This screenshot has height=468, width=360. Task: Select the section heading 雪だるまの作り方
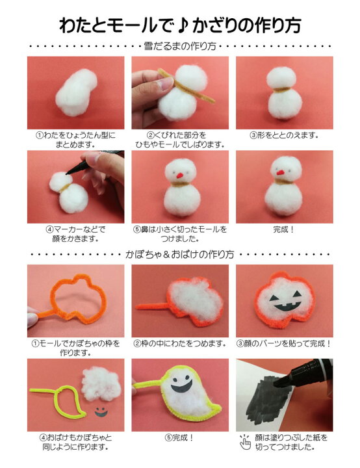[180, 47]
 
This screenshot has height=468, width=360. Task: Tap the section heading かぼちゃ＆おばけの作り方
[180, 255]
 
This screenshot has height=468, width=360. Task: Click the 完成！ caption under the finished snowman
[284, 229]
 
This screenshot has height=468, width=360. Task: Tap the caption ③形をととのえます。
[284, 135]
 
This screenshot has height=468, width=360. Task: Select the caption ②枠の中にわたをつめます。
[180, 343]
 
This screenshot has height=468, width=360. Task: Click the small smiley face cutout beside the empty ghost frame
[101, 411]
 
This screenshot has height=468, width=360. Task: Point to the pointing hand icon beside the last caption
[244, 443]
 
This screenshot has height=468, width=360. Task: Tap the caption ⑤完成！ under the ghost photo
[180, 437]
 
